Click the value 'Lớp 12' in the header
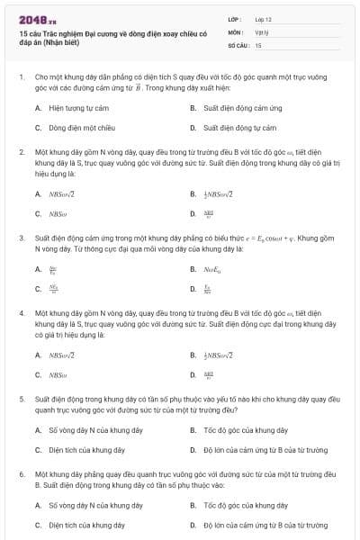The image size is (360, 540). (x=263, y=19)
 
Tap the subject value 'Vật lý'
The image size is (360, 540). (x=261, y=31)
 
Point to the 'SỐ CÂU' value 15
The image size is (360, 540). (x=258, y=44)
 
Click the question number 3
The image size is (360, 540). (x=21, y=238)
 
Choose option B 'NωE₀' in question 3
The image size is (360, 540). (x=212, y=268)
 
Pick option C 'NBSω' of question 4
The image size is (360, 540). (x=58, y=374)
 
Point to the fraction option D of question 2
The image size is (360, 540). (x=209, y=214)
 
